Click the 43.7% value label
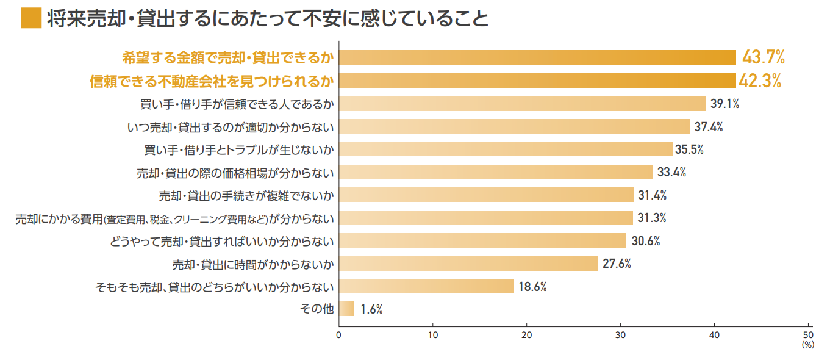click(763, 58)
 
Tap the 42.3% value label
click(760, 81)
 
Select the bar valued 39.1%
click(522, 104)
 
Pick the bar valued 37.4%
click(514, 127)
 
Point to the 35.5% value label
click(692, 149)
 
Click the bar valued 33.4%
click(495, 172)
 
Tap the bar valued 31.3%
click(485, 218)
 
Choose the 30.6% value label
click(646, 241)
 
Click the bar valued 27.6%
click(468, 264)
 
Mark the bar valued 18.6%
click(426, 287)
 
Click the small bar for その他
click(346, 309)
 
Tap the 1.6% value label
click(371, 309)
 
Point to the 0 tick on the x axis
click(338, 335)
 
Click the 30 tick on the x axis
click(621, 335)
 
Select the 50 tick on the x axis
click(809, 335)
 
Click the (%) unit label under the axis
click(808, 345)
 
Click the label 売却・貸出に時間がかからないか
click(253, 264)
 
